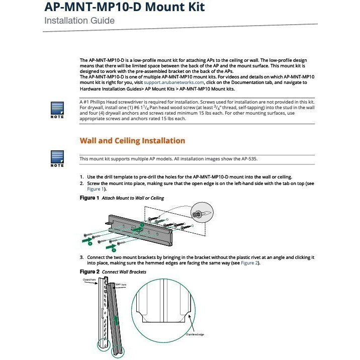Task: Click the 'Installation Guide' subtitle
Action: tap(79, 21)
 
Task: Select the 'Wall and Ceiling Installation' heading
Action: tap(132, 141)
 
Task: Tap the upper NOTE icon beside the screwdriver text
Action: tap(57, 109)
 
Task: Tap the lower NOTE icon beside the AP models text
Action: tap(57, 157)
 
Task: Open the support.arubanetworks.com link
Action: tap(174, 82)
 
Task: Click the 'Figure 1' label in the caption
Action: tap(89, 198)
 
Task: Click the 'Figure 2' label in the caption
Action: tap(89, 272)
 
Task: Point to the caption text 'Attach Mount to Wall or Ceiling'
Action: tap(133, 198)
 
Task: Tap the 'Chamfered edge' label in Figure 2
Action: tap(196, 334)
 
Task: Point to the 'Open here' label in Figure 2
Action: tap(120, 285)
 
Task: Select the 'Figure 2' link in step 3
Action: tap(249, 263)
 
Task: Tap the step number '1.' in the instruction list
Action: tap(82, 177)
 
